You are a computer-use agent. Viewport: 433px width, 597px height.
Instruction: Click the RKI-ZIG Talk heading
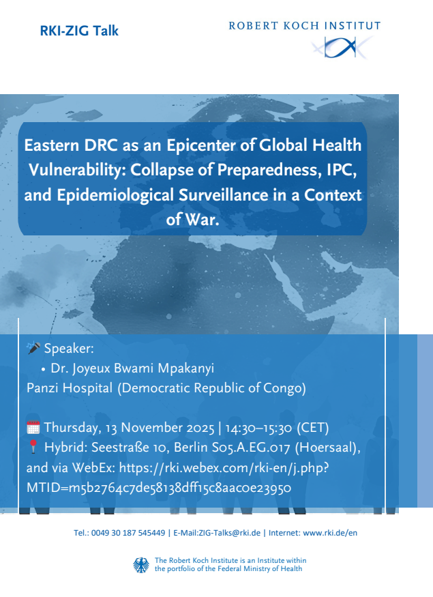79,31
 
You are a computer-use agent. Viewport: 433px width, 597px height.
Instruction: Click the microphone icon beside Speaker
33,347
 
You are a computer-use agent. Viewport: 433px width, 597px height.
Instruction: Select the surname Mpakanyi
185,368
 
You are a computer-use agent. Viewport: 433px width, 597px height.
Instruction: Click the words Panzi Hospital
70,388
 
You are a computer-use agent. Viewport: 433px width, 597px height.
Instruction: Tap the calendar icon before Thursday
33,428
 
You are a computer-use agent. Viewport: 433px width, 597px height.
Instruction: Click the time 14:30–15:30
258,428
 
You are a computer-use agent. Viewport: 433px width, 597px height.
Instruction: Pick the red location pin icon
33,447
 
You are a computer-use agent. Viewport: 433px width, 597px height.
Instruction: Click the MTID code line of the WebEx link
159,487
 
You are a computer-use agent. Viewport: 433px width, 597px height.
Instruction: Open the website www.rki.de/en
330,533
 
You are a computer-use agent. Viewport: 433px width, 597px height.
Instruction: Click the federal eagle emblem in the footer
141,565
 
